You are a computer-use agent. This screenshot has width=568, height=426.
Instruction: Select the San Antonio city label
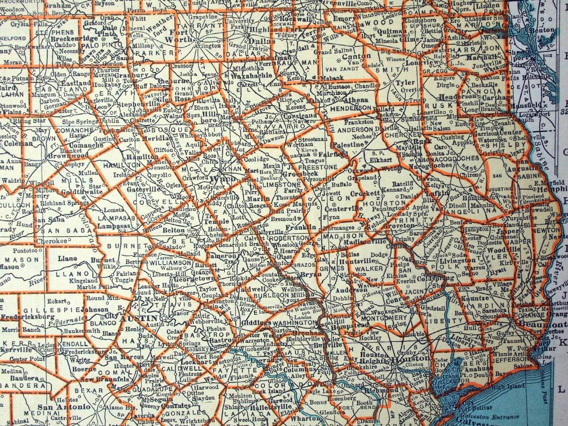coord(63,407)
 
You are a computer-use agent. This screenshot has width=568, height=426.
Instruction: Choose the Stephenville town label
coord(133,104)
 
